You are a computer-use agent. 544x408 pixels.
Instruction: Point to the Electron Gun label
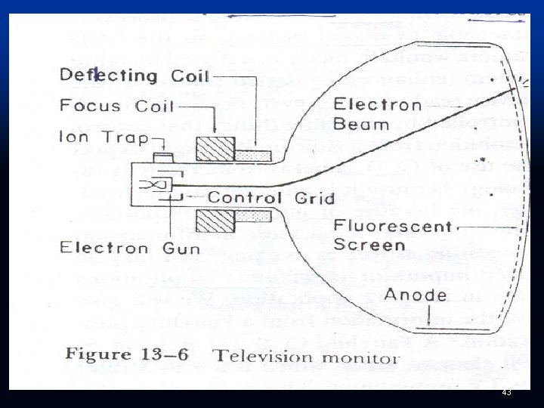point(130,247)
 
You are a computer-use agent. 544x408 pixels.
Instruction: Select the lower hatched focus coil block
point(215,222)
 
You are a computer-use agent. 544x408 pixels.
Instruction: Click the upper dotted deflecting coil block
point(252,156)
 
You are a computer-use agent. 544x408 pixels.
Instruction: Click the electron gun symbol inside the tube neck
point(157,184)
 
